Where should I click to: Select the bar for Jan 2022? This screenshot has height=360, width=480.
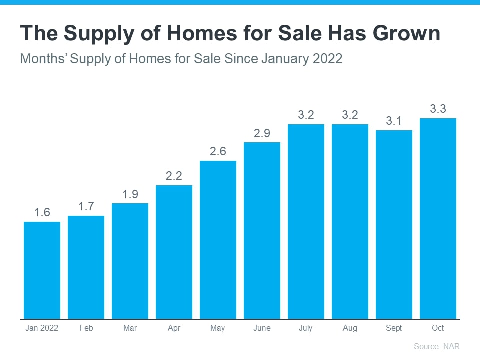42,270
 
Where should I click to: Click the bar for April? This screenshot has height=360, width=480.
174,252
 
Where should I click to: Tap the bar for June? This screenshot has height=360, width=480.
262,230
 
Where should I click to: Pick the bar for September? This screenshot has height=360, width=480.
394,224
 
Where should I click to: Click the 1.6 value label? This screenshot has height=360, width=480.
42,212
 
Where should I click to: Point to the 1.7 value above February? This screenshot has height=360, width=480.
86,206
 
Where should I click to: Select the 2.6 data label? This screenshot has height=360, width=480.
218,151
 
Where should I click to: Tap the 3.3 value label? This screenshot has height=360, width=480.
438,109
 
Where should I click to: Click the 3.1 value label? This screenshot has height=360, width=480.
394,121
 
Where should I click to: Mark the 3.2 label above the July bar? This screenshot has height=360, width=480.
306,115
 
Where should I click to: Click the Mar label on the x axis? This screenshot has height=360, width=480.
130,328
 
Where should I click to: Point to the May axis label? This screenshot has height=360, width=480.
218,328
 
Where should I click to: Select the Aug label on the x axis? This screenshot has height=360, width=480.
350,328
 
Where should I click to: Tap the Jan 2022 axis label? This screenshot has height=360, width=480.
42,328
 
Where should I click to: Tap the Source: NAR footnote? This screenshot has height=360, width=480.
436,346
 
